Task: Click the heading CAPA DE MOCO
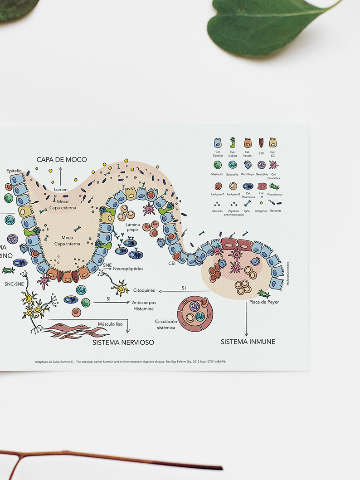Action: tap(61, 159)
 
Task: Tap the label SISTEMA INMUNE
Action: tap(248, 342)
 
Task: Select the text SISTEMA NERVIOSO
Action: tap(123, 342)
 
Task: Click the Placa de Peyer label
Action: tap(264, 302)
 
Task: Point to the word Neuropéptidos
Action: tap(129, 269)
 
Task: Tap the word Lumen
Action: tap(61, 189)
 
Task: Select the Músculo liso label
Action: tap(110, 324)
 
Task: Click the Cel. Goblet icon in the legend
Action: tap(233, 142)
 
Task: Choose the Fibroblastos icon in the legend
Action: tap(274, 186)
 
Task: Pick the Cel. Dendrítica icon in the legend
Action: tap(274, 165)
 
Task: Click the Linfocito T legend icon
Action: tap(218, 186)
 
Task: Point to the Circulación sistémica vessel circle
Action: tap(195, 313)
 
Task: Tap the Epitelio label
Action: tap(14, 171)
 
